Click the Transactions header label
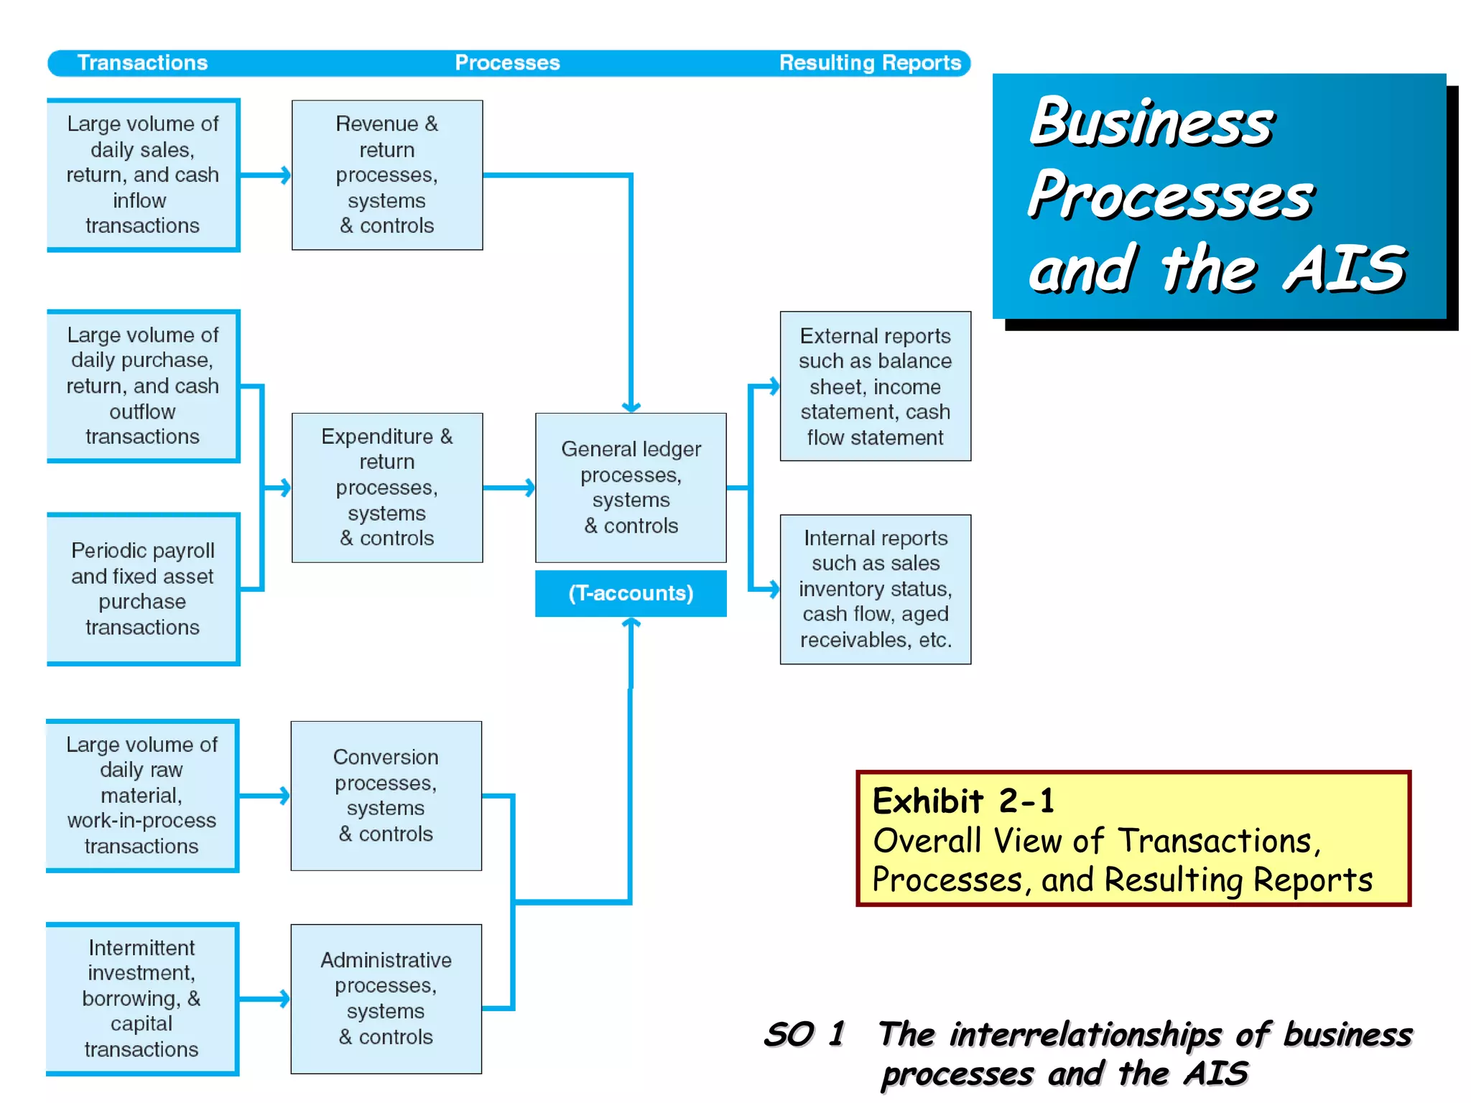click(x=142, y=62)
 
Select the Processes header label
click(x=507, y=62)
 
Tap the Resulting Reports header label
click(x=870, y=62)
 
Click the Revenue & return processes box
click(x=387, y=174)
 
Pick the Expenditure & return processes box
click(x=387, y=487)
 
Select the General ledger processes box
click(x=631, y=487)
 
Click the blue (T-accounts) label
click(x=631, y=593)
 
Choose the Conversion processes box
click(x=386, y=796)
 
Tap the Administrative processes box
click(x=386, y=998)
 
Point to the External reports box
click(x=875, y=386)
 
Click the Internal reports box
click(x=875, y=589)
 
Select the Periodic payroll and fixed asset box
click(x=142, y=589)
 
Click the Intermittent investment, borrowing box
click(x=141, y=998)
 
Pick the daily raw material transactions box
click(x=141, y=796)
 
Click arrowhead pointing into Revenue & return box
click(x=285, y=174)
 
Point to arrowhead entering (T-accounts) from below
click(x=631, y=623)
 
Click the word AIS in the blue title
click(x=1343, y=269)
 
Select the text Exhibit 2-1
click(x=962, y=801)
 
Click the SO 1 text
click(x=804, y=1035)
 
